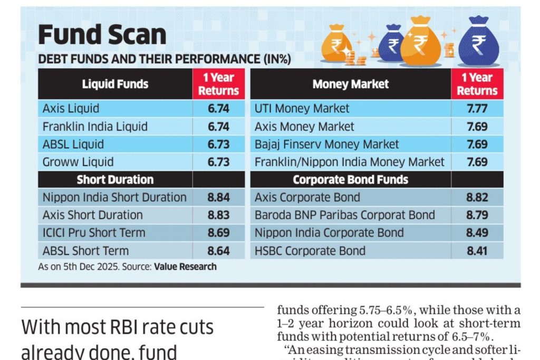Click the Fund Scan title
[x=102, y=35]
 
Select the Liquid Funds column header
[x=115, y=84]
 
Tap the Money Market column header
[x=350, y=84]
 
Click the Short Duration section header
[x=115, y=180]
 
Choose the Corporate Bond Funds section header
[x=350, y=180]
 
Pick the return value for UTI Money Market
[x=477, y=109]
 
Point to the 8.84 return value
[x=218, y=198]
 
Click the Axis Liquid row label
[x=71, y=109]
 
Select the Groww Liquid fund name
[x=78, y=162]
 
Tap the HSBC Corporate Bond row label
[x=310, y=250]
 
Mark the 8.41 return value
[x=477, y=250]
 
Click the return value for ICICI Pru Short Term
[x=218, y=232]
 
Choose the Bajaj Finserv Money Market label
[x=326, y=144]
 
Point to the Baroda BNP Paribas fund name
[x=344, y=215]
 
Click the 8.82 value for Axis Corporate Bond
[x=477, y=198]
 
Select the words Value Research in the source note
[x=185, y=267]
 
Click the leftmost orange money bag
[x=335, y=44]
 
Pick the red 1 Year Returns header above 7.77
[x=477, y=84]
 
